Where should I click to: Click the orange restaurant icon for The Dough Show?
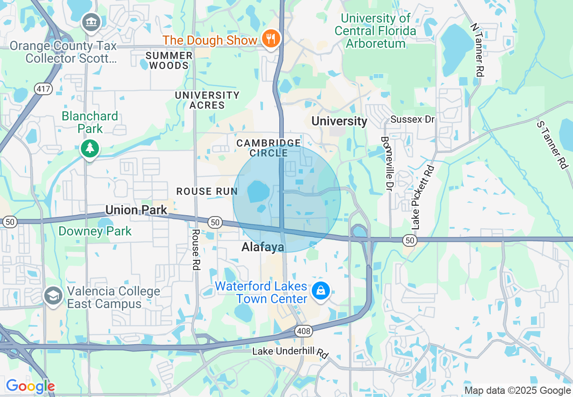point(271,39)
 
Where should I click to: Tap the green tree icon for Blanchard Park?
point(90,148)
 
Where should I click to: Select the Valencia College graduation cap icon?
point(53,296)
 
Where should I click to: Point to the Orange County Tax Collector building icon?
point(92,22)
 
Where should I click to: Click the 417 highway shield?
point(44,89)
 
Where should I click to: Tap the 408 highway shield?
point(304,332)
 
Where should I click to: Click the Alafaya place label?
point(263,247)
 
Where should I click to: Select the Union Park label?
point(136,210)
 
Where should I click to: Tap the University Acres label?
point(207,100)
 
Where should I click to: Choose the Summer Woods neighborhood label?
point(169,60)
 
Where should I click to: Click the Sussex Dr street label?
point(412,120)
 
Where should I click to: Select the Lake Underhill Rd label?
point(290,352)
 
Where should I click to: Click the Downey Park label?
point(95,231)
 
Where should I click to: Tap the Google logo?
point(30,386)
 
